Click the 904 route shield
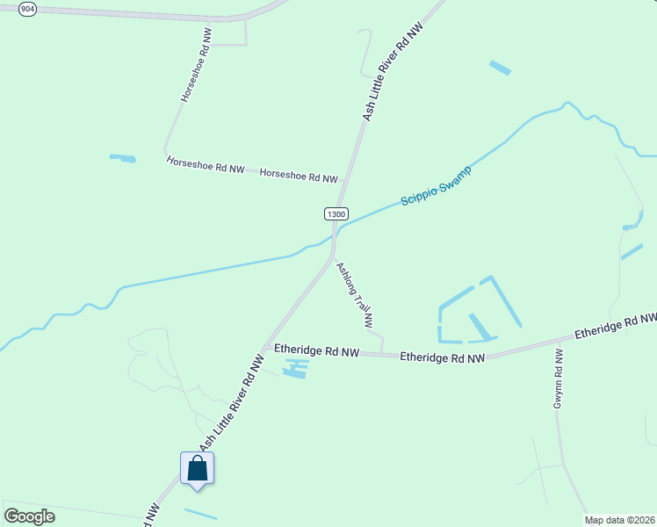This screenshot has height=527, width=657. (x=27, y=8)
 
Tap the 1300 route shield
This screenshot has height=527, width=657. (x=336, y=213)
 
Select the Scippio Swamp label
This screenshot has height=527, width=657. (x=436, y=185)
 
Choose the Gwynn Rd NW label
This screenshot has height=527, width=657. (x=558, y=377)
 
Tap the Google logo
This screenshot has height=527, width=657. (x=29, y=516)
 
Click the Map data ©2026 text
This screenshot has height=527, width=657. (x=620, y=520)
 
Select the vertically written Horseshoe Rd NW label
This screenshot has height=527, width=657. (x=197, y=71)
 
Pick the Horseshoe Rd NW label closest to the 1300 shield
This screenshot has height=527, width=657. (x=299, y=176)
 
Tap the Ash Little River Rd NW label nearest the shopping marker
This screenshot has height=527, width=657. (x=231, y=403)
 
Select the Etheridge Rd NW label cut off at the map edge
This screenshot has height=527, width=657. (x=616, y=326)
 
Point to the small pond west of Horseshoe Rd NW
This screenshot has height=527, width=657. (x=123, y=158)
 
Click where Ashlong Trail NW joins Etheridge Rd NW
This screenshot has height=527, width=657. (x=383, y=354)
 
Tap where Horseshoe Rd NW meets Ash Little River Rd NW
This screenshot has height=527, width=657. (x=342, y=182)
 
